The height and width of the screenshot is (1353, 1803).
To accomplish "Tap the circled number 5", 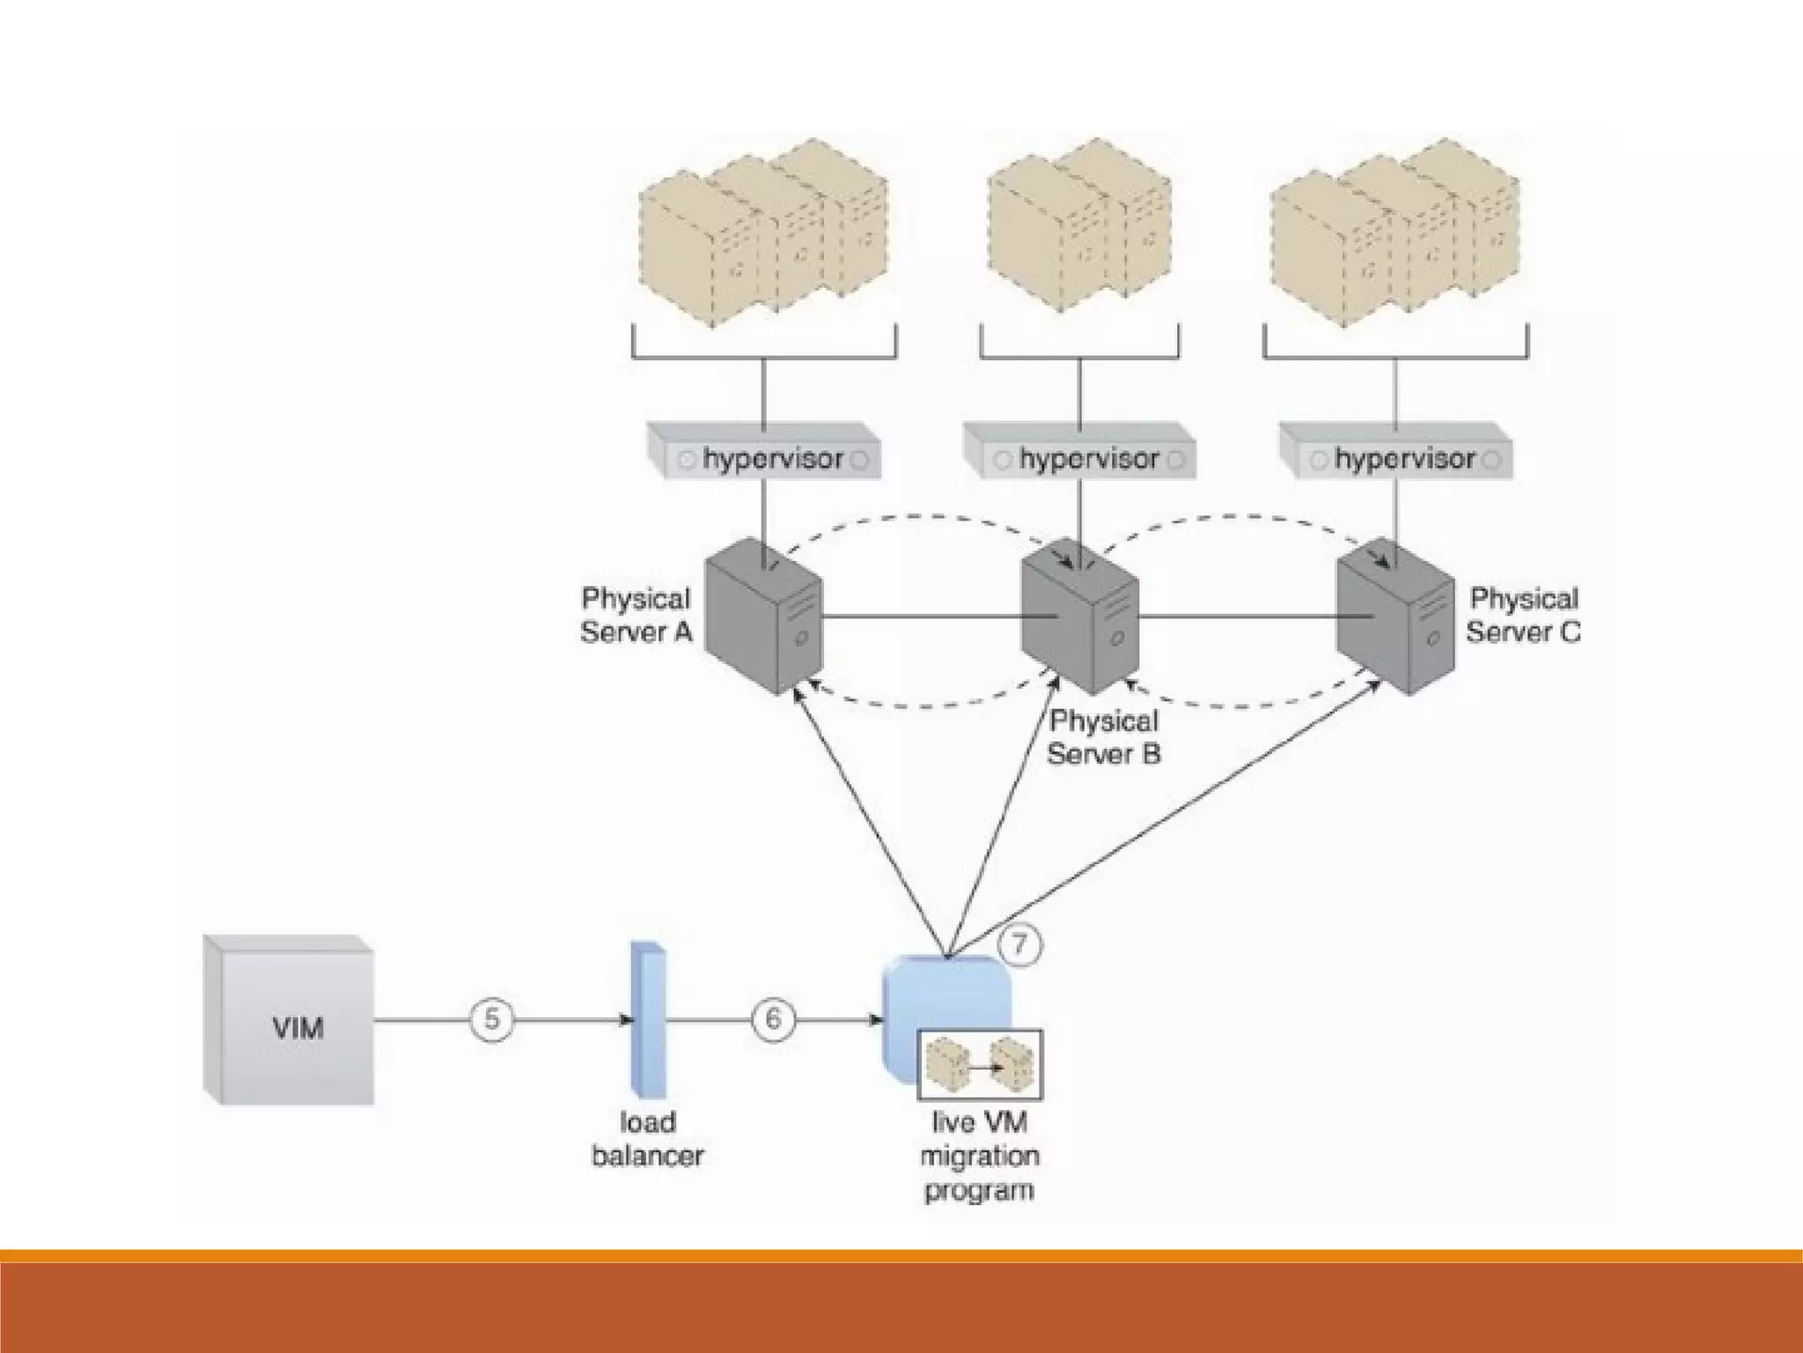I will tap(491, 1019).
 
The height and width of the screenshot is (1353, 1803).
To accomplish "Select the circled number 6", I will tap(772, 1019).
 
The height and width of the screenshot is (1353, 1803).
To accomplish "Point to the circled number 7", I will tap(1019, 945).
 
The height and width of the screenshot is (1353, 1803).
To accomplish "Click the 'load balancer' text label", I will tap(647, 1139).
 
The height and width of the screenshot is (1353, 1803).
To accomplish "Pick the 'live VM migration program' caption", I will tap(979, 1157).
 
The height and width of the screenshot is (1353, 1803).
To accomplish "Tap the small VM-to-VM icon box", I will tap(979, 1065).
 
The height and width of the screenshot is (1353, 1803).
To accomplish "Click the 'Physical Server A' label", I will tap(636, 615).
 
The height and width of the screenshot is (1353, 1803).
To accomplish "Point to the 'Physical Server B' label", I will tap(1104, 737).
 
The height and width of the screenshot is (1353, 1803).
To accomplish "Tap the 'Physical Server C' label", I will tap(1523, 615).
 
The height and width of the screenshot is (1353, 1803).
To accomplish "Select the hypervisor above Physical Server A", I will tap(764, 459).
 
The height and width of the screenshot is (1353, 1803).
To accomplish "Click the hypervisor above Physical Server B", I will tap(1080, 459).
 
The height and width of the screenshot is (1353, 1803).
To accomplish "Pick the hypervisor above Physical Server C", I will tap(1395, 459).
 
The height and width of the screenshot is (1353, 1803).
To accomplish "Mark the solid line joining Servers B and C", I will tap(1237, 617).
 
